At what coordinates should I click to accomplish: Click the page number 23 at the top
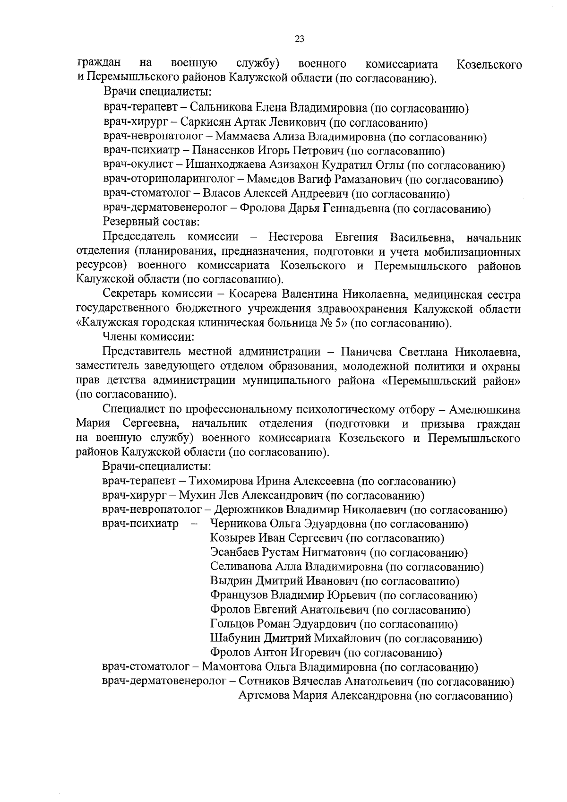[x=299, y=40]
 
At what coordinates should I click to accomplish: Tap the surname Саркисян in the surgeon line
[x=204, y=123]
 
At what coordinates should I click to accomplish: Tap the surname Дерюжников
[x=249, y=510]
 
